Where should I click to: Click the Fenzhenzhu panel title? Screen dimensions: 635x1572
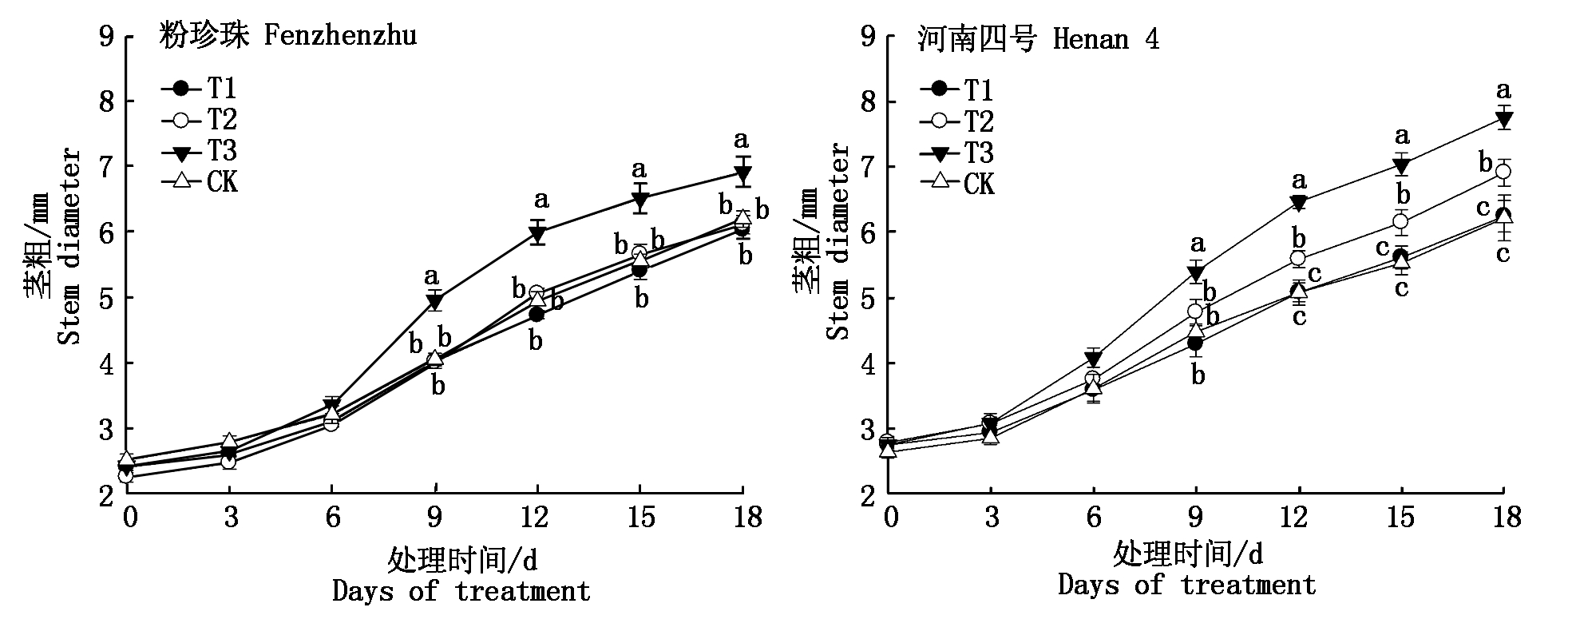coord(287,37)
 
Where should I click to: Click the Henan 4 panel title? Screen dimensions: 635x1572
coord(1038,39)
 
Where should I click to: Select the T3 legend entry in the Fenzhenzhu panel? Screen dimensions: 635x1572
coord(200,150)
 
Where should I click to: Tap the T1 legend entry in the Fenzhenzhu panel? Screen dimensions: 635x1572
coord(200,88)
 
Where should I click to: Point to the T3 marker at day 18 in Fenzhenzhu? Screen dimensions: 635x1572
coord(742,173)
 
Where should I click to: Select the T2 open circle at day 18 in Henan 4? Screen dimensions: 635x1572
coord(1503,172)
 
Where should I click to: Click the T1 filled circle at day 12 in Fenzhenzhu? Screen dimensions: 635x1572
coord(537,314)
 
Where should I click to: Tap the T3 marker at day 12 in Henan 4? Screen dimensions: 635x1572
coord(1299,203)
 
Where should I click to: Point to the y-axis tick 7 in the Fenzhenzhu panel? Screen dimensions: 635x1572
coord(106,167)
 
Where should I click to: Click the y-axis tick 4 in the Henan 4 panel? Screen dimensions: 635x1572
coord(868,363)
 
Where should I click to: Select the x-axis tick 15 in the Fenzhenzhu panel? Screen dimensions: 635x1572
coord(640,518)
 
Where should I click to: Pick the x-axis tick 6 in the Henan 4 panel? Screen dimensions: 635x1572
coord(1093,518)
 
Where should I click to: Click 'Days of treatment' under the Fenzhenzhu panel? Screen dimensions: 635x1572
coord(461,592)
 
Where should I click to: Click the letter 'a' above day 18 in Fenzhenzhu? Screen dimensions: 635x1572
coord(742,141)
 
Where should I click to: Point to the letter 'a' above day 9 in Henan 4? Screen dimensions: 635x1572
coord(1197,243)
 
